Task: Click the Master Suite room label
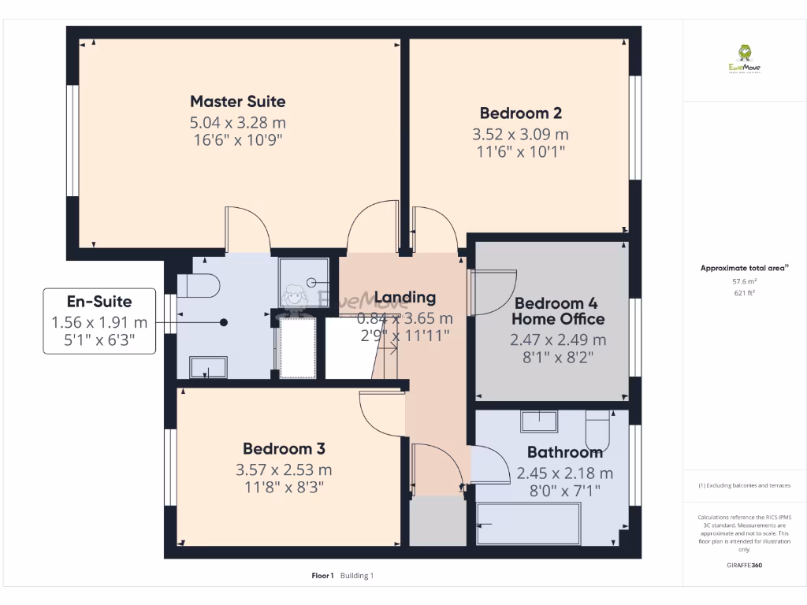tap(237, 102)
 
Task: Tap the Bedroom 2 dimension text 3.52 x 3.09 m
tap(520, 134)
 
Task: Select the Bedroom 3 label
tap(284, 449)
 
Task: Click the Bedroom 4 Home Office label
tap(559, 311)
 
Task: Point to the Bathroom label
tap(564, 452)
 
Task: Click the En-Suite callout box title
tap(99, 301)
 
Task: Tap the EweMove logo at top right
tap(744, 59)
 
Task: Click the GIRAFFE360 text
tap(745, 565)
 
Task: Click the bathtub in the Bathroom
tap(529, 523)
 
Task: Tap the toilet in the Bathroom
tap(597, 428)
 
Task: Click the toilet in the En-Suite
tap(198, 285)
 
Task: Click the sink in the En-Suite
tap(208, 367)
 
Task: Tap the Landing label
tap(404, 297)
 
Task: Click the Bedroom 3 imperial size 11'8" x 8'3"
tap(284, 487)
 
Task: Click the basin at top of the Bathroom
tap(539, 421)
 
